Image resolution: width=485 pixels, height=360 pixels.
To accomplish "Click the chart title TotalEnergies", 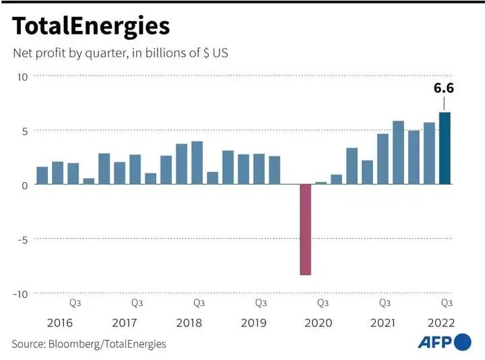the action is click(x=91, y=27).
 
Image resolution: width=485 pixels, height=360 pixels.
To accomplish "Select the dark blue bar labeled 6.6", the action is click(x=445, y=148).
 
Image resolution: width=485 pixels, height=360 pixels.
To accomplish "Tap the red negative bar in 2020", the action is click(x=305, y=229).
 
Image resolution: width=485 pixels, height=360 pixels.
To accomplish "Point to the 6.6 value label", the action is click(x=444, y=88).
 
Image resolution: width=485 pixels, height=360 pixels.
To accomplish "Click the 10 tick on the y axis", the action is click(x=23, y=77).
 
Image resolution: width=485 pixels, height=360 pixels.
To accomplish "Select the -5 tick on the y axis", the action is click(x=23, y=240).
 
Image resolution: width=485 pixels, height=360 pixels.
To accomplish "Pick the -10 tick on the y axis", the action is click(x=20, y=294).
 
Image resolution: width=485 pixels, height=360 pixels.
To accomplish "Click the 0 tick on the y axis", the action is click(x=25, y=185).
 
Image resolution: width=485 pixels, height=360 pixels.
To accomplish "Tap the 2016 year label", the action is click(x=60, y=323).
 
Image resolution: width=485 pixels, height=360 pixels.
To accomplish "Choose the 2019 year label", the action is click(x=254, y=323).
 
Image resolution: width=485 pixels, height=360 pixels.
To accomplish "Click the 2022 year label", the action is click(x=441, y=323).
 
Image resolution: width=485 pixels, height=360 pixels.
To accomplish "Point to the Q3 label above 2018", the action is click(x=199, y=303).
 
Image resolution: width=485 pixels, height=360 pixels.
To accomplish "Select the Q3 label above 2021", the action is click(x=385, y=303).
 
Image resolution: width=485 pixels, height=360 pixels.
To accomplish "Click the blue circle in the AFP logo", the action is click(x=463, y=342).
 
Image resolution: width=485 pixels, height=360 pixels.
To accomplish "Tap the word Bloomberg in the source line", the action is click(x=74, y=344).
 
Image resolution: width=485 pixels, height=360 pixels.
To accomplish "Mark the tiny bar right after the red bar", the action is click(x=321, y=183).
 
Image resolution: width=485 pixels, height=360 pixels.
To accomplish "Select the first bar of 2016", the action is click(x=42, y=175).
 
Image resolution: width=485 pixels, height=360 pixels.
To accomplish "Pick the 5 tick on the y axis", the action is click(x=25, y=131).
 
